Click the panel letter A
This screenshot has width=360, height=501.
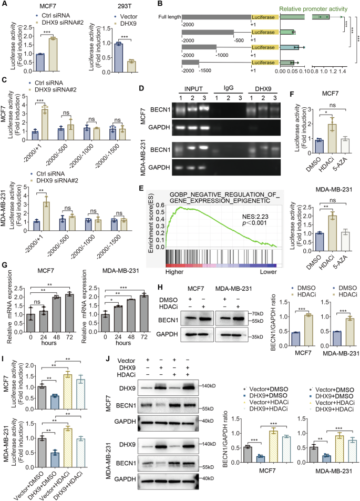click(4, 4)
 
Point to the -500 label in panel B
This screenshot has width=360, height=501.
click(239, 39)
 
